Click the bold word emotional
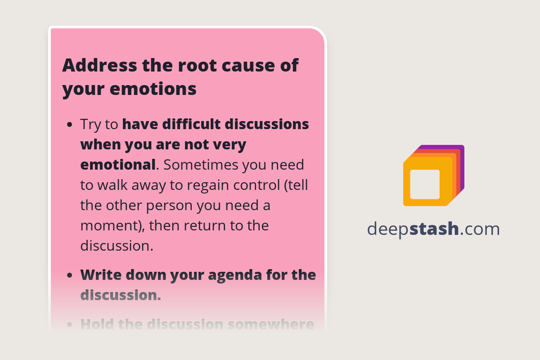118,165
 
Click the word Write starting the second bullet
101,274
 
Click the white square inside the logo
425,184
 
